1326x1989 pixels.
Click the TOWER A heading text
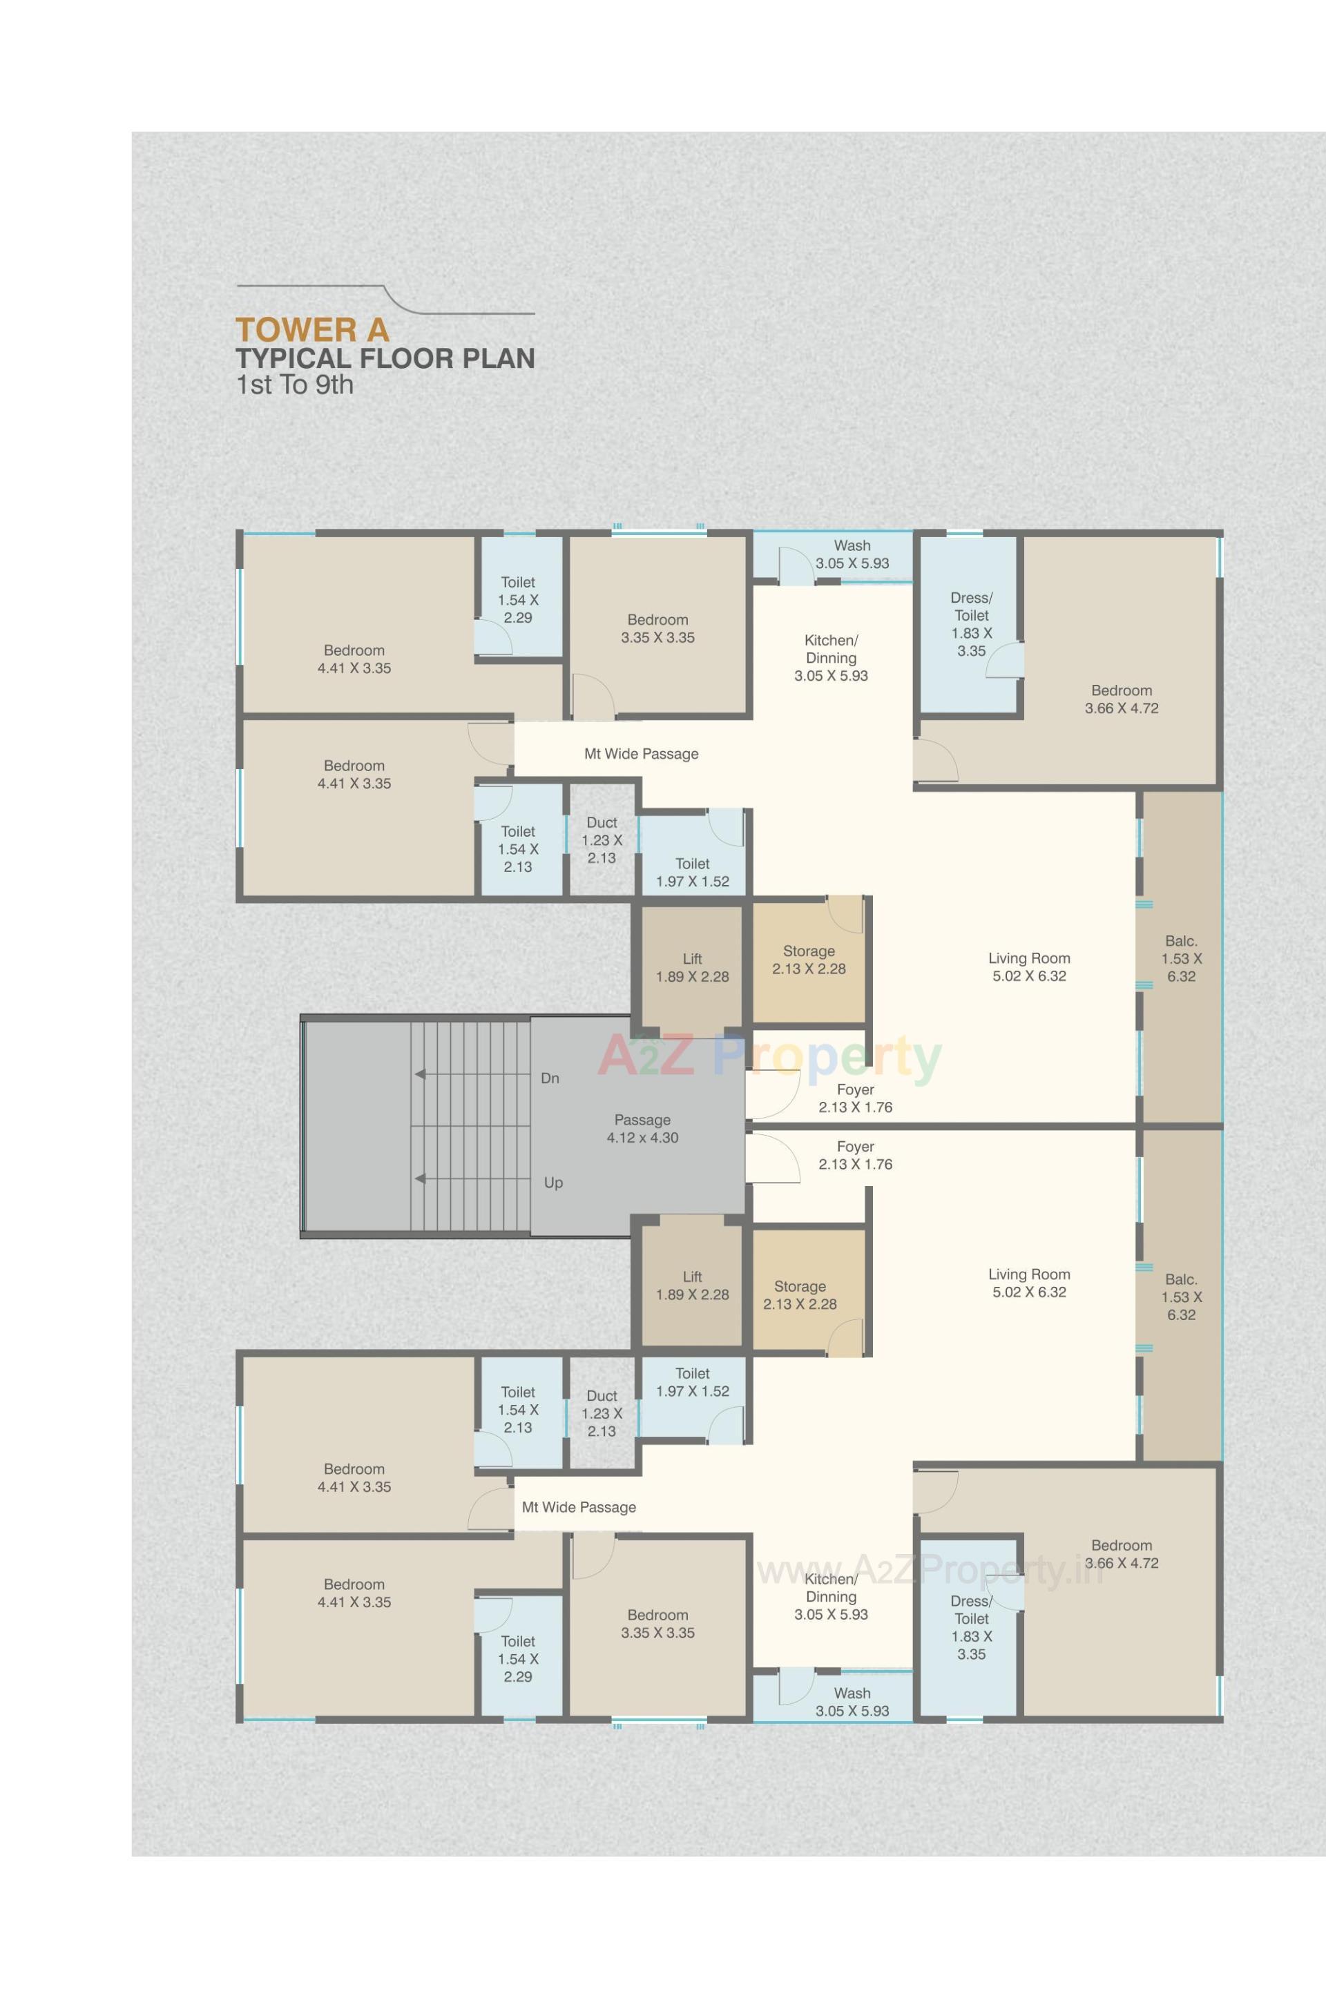point(312,330)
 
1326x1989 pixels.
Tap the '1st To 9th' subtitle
point(294,385)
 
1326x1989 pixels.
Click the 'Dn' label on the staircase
point(550,1078)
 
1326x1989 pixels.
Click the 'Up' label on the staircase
point(553,1183)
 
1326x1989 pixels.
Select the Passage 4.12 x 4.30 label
point(642,1129)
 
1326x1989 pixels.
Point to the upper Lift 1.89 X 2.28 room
point(692,967)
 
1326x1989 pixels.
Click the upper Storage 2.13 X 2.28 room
point(809,960)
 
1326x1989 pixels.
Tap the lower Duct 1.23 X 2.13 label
point(602,1413)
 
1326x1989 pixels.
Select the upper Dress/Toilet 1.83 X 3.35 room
point(971,625)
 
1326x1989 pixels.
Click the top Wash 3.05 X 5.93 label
point(852,554)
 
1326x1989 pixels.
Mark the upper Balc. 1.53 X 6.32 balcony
point(1180,958)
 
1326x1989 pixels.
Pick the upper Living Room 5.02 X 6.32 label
point(1028,967)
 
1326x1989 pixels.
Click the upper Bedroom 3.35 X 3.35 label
point(657,629)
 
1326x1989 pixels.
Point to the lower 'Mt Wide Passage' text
point(579,1507)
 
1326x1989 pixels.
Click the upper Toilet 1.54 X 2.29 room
point(517,599)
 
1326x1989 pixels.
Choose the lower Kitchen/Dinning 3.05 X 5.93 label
point(830,1597)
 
